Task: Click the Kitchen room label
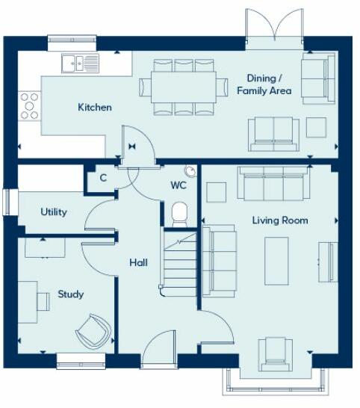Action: [x=95, y=108]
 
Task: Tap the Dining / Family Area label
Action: [x=264, y=84]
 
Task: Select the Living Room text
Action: [x=279, y=220]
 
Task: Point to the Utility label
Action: [x=54, y=212]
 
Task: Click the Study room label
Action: [x=70, y=294]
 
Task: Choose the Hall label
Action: [x=138, y=263]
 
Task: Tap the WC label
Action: [x=178, y=185]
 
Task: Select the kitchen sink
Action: [x=80, y=64]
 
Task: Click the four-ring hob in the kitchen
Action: [x=30, y=105]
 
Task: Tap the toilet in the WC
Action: [x=180, y=214]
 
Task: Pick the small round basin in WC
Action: [x=192, y=171]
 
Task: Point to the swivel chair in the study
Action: [x=93, y=331]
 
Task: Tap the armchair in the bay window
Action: [x=276, y=352]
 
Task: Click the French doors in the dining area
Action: [x=276, y=26]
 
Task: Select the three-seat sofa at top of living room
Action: [x=273, y=184]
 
